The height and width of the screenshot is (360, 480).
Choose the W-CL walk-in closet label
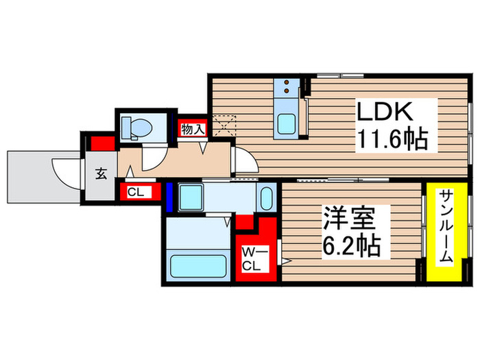(x=250, y=259)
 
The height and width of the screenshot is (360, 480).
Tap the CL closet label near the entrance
(x=135, y=193)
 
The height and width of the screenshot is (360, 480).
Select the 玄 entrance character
(x=101, y=173)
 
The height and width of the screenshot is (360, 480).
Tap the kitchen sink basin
(x=286, y=123)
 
